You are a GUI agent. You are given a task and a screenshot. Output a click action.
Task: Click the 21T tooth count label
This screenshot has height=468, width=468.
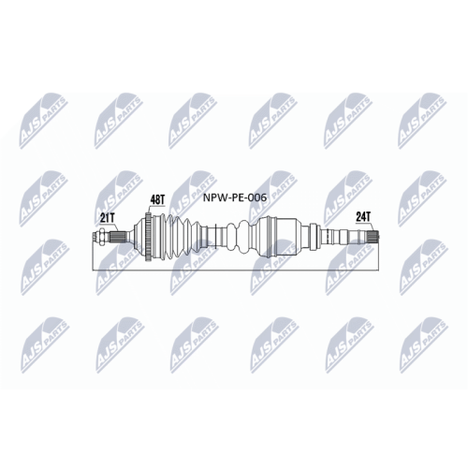pyautogui.click(x=108, y=218)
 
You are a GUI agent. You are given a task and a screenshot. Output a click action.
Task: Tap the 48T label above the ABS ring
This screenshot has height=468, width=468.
pyautogui.click(x=157, y=199)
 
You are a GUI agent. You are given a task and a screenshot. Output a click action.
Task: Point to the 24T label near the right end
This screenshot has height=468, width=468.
pyautogui.click(x=363, y=216)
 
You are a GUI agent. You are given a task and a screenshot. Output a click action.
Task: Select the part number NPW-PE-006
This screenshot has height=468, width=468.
pyautogui.click(x=235, y=197)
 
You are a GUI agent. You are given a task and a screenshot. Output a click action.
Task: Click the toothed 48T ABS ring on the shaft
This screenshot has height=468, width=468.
pyautogui.click(x=149, y=237)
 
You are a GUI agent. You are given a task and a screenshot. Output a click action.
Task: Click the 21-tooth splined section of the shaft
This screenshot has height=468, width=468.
pyautogui.click(x=118, y=237)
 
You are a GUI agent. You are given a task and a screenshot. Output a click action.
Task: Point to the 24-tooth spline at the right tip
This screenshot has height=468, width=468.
pyautogui.click(x=373, y=236)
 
